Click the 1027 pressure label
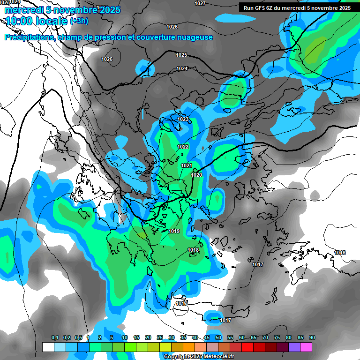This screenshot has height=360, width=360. click(x=200, y=3)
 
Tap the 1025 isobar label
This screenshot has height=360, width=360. click(x=181, y=55)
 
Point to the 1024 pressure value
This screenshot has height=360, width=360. click(x=182, y=69)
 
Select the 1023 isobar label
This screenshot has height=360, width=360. click(x=183, y=120)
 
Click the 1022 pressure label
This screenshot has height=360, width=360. click(x=183, y=147)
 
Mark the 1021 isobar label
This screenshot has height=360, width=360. click(x=186, y=165)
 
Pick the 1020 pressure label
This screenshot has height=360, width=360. click(x=196, y=175)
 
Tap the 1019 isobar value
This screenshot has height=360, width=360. click(x=174, y=231)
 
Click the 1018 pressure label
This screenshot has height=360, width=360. click(x=193, y=250)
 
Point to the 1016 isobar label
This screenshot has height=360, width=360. click(x=340, y=253)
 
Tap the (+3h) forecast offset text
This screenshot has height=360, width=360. click(x=79, y=21)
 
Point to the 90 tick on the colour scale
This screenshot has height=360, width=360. click(x=312, y=338)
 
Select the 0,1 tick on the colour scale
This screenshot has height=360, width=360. click(x=54, y=338)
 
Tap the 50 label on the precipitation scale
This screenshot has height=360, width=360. click(x=218, y=338)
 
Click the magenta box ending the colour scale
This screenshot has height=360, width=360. click(x=306, y=347)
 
